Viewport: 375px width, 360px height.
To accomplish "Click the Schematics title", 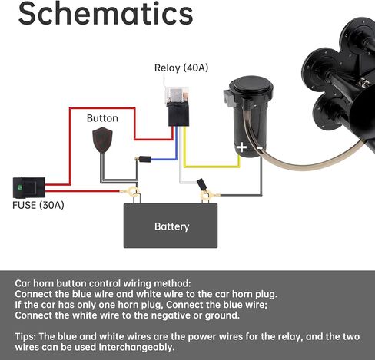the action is (x=105, y=14).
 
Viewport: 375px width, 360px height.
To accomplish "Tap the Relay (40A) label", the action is (x=181, y=68).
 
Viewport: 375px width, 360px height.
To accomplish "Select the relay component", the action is (x=178, y=106).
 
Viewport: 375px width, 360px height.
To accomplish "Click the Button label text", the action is (x=102, y=118).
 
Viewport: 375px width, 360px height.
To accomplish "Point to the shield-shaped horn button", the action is (x=102, y=140).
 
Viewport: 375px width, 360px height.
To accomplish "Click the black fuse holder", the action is (x=29, y=187).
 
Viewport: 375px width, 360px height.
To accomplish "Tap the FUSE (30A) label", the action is (x=38, y=205).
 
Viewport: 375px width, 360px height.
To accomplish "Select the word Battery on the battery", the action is (x=172, y=226).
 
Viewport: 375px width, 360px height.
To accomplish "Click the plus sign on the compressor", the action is (x=241, y=147).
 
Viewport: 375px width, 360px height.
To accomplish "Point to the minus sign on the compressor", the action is (x=260, y=148).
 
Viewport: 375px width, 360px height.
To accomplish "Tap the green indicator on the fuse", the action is (x=20, y=187).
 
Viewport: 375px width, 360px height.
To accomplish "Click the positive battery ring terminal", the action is (x=133, y=191).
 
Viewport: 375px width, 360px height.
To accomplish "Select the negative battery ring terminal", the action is (x=207, y=196).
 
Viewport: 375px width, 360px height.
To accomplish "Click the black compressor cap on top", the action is (x=251, y=87).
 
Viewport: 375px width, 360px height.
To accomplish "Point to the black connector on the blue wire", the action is (x=144, y=159).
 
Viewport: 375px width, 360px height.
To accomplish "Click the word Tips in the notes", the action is (x=25, y=336).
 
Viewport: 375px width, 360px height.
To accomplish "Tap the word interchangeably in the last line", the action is (x=137, y=347).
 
